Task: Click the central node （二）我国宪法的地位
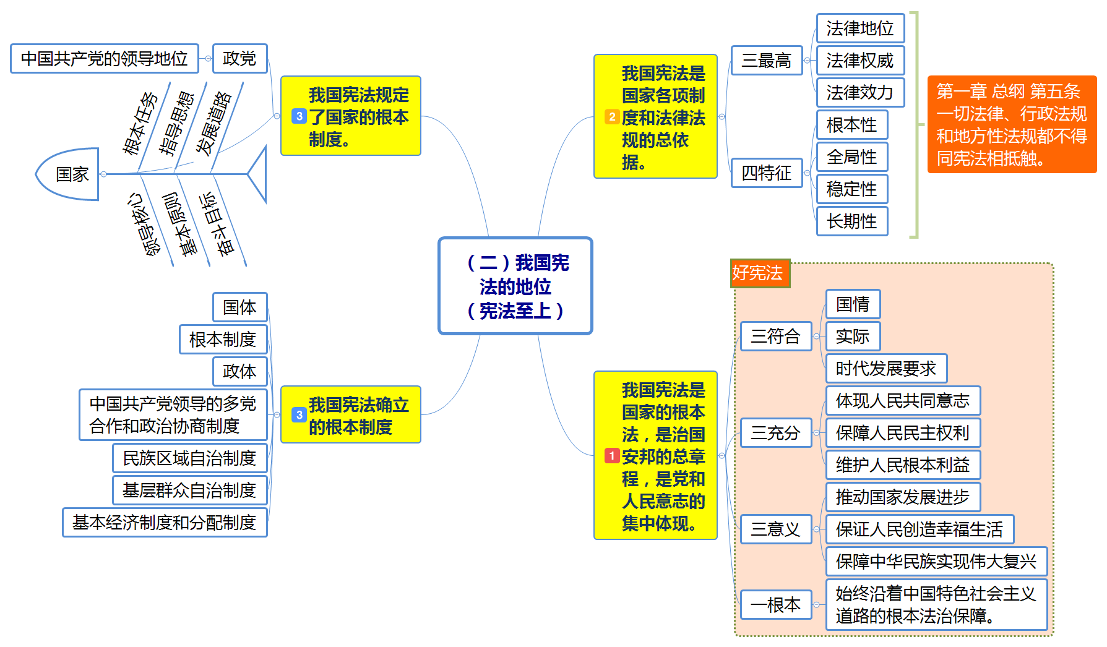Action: click(x=515, y=286)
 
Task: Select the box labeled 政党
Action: click(x=239, y=58)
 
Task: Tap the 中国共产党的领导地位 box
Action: click(x=104, y=58)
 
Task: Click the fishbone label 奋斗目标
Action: click(x=217, y=224)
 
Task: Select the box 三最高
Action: click(x=766, y=60)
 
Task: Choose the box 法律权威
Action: click(x=859, y=61)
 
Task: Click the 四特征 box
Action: click(x=766, y=173)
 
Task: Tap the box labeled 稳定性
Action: click(x=851, y=189)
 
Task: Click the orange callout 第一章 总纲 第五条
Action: click(x=1011, y=124)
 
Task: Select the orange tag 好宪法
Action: click(x=759, y=273)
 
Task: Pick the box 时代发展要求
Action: click(x=885, y=369)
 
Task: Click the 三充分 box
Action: click(x=775, y=432)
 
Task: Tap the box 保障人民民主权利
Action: click(x=902, y=432)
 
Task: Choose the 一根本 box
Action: click(x=775, y=604)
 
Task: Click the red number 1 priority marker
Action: click(x=611, y=456)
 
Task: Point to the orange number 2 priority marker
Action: click(x=611, y=117)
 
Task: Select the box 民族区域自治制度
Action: click(x=189, y=458)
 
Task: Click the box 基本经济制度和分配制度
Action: click(x=165, y=522)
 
